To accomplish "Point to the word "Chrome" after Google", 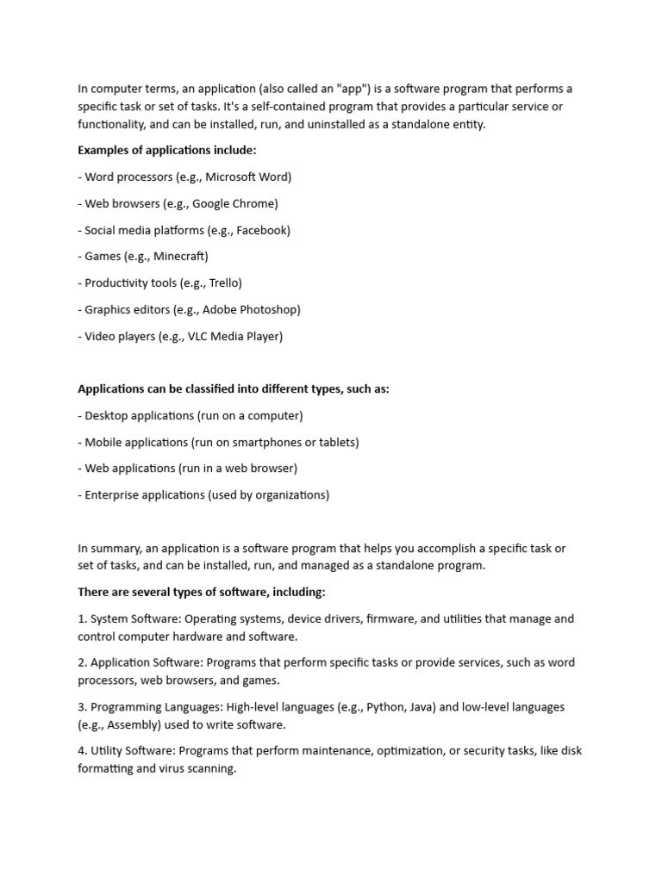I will click(x=253, y=203).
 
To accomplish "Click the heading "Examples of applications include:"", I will click(x=167, y=150).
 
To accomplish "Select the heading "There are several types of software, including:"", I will click(x=202, y=592).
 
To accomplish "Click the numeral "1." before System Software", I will click(x=83, y=618).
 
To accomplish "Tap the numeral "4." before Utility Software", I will click(x=83, y=750).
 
